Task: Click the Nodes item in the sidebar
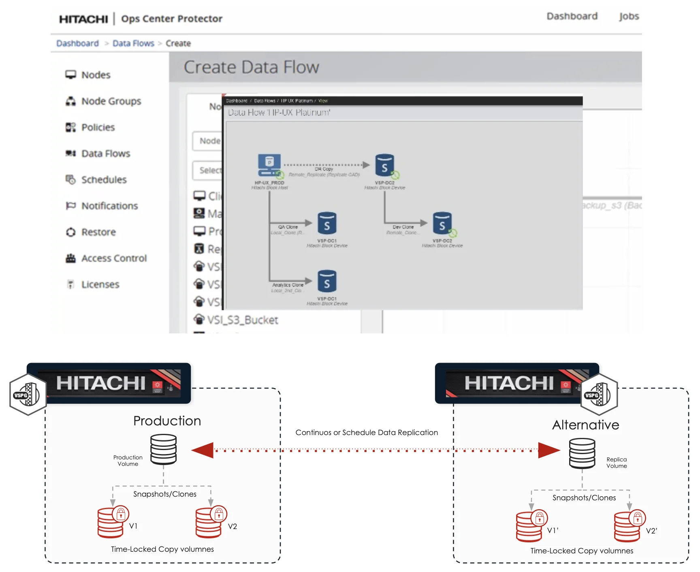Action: (96, 75)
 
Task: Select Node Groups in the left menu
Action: (111, 101)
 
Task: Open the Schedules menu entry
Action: (104, 180)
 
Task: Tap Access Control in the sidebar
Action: (113, 258)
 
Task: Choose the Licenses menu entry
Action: (100, 285)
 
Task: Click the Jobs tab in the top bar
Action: (629, 17)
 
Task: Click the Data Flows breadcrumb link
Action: (133, 43)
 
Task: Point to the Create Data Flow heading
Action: (252, 67)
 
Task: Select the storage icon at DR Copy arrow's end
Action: (384, 165)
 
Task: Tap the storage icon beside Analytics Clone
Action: (327, 282)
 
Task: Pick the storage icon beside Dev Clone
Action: (442, 223)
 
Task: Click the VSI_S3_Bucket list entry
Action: (242, 320)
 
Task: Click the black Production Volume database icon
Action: (163, 449)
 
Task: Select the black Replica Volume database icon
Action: (582, 453)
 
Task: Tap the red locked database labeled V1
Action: (111, 523)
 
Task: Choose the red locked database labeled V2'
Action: (627, 527)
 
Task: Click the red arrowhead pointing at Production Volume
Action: (203, 450)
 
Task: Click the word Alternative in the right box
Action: (585, 425)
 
